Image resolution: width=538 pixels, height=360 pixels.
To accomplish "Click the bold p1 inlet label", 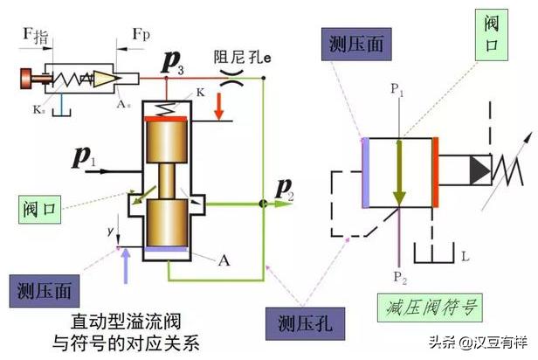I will pos(85,158).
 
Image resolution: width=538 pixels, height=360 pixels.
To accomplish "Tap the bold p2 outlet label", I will pos(286,185).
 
